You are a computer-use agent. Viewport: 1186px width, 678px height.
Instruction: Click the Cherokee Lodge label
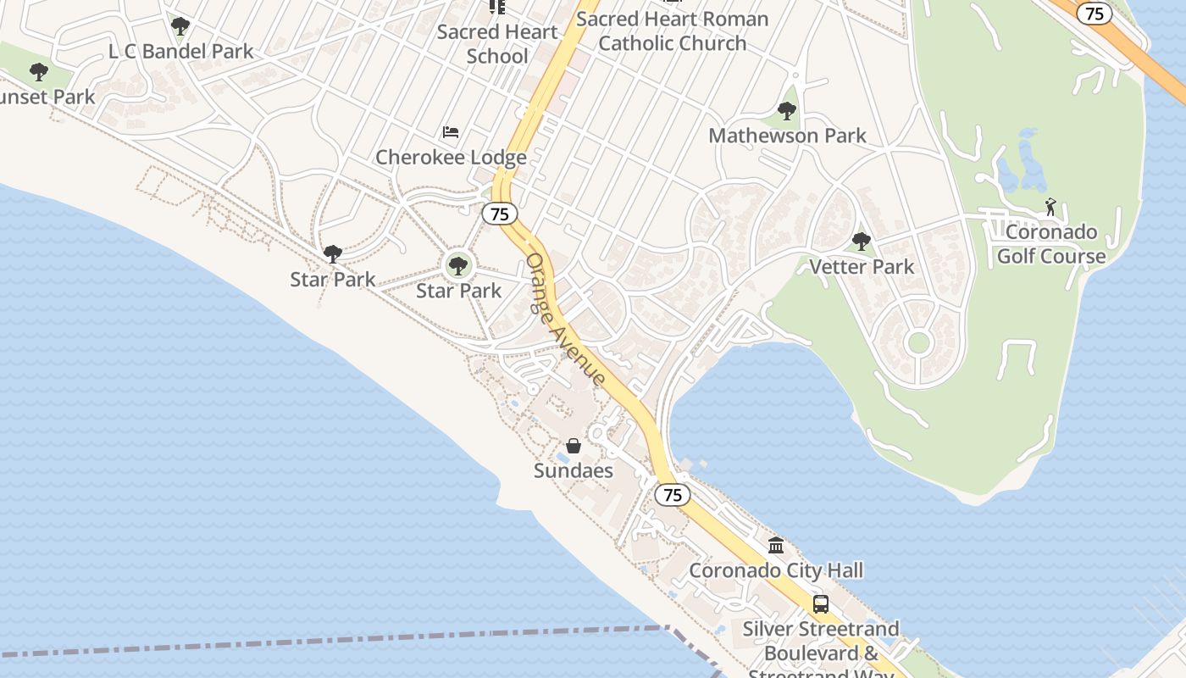coord(451,158)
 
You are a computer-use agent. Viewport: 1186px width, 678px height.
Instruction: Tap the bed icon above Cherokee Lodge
coord(451,132)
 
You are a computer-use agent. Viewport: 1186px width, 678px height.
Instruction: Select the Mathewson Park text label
coord(787,136)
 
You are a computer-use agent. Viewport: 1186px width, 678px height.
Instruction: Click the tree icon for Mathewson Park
coord(787,110)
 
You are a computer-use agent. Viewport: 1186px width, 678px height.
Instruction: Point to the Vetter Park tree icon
coord(862,242)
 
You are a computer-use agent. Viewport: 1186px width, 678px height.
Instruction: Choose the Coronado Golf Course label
coord(1050,244)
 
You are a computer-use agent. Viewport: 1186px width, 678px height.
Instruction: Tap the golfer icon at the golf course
coord(1050,206)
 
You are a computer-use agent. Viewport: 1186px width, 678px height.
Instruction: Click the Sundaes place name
coord(574,470)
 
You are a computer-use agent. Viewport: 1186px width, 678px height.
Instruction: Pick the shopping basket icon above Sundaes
coord(574,446)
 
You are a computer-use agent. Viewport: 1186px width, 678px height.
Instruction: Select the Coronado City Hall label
coord(776,570)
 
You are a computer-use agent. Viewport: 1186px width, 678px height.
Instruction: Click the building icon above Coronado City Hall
coord(776,545)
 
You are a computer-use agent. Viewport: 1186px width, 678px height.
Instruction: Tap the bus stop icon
coord(821,604)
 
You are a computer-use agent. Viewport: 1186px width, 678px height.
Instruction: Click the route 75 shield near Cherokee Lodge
coord(500,214)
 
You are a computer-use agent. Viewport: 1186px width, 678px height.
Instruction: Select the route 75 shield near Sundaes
coord(673,495)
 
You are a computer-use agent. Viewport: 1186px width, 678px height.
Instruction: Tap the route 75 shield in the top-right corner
coord(1095,13)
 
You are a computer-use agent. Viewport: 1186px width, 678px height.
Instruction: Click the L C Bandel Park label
coord(180,51)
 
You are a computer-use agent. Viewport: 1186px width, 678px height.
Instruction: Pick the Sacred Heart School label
coord(497,44)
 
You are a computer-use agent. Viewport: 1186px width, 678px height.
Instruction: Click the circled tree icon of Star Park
coord(458,266)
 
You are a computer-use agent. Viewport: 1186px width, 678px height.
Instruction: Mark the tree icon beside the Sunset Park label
coord(39,72)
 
